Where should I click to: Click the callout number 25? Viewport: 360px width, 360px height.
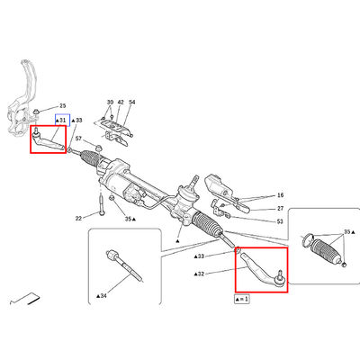[x=62, y=106]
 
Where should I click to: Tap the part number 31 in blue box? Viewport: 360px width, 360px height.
[x=62, y=121]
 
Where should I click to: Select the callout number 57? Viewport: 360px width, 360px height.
[x=78, y=139]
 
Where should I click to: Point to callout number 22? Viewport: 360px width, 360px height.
[x=78, y=219]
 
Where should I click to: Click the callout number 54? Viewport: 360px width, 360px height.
[x=132, y=103]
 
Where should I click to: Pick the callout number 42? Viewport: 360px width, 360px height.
[x=121, y=103]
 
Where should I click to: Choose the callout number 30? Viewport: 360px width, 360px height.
[x=110, y=103]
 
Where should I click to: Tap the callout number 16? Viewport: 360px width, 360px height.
[x=280, y=195]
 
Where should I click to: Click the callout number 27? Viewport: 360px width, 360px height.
[x=280, y=209]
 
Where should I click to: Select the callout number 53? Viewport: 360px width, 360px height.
[x=280, y=221]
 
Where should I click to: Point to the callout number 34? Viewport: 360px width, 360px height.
[x=103, y=296]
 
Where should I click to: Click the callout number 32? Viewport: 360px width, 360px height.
[x=201, y=274]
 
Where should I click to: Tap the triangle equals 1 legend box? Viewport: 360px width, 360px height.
[x=242, y=299]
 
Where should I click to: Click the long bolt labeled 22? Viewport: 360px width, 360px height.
[x=101, y=205]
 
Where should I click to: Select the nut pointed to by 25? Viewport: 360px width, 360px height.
[x=36, y=112]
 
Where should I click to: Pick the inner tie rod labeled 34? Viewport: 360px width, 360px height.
[x=124, y=265]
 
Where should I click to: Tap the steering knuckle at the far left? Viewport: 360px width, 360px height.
[x=22, y=99]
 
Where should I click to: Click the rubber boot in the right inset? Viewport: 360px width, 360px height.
[x=325, y=249]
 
